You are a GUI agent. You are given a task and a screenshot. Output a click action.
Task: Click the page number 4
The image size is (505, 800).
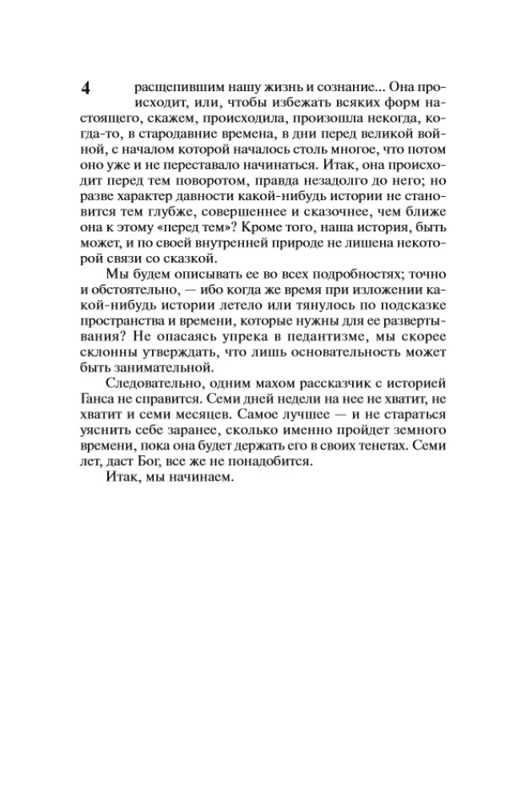click(86, 88)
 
